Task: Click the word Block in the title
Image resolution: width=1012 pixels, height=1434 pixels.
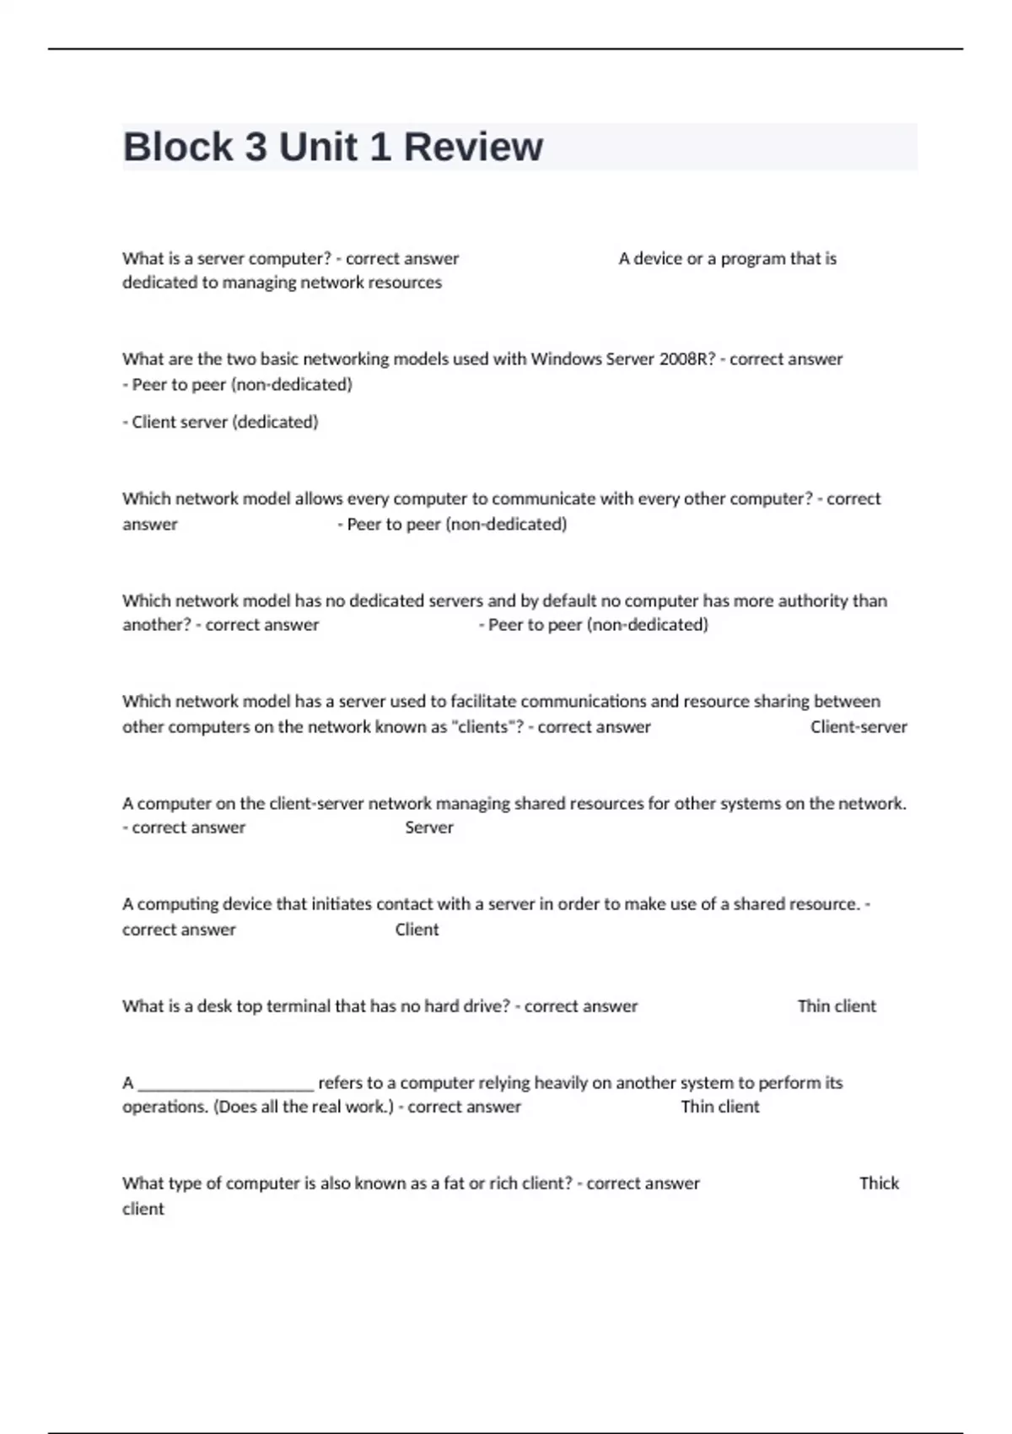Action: pos(177,147)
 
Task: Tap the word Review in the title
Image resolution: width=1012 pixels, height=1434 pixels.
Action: pos(473,147)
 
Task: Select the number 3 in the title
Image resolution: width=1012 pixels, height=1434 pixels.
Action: pos(256,147)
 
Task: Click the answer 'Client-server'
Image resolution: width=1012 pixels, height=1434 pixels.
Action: pos(859,726)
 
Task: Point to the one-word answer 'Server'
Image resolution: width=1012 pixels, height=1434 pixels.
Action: pos(428,828)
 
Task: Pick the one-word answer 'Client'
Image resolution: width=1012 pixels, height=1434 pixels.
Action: pos(417,930)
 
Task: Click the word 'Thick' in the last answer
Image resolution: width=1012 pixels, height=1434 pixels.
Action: pos(879,1183)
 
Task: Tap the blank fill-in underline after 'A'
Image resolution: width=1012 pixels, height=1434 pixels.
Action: pos(225,1084)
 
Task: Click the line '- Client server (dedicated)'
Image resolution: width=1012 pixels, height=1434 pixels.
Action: pos(220,422)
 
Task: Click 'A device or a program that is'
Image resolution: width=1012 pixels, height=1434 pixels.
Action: pos(727,258)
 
